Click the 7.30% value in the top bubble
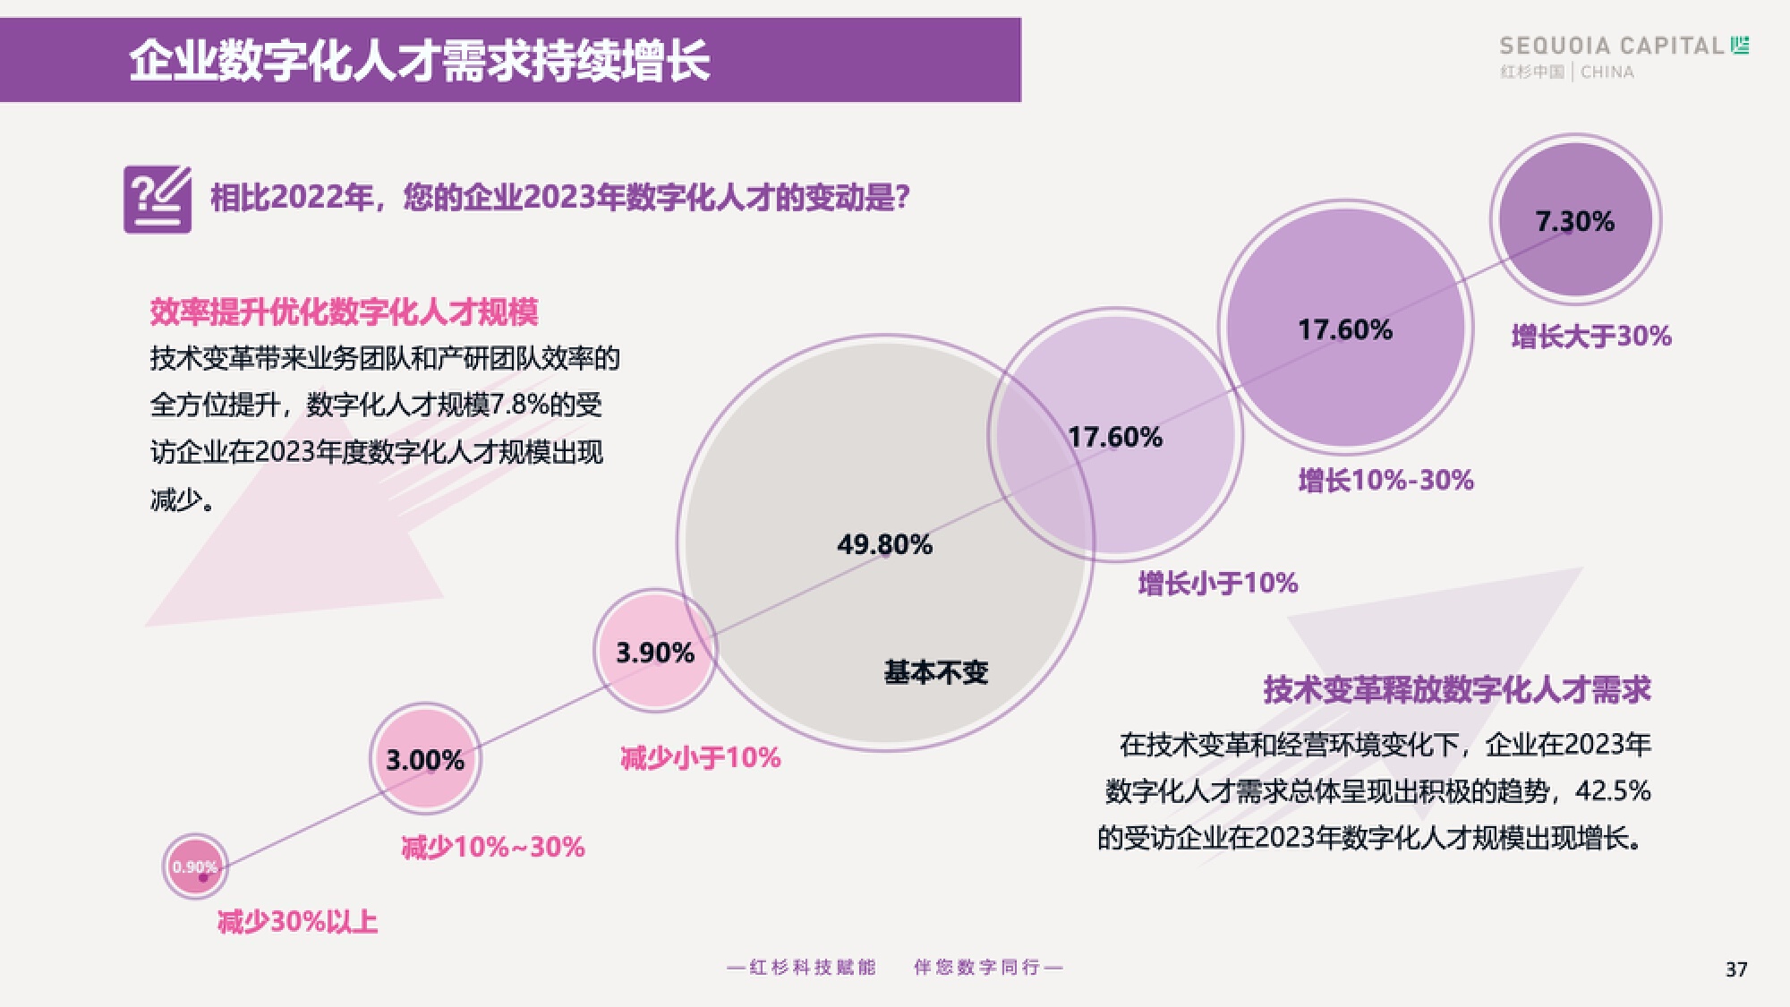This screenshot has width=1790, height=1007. [x=1574, y=221]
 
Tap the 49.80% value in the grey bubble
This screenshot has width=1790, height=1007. [x=884, y=544]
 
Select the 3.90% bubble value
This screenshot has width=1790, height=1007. [x=655, y=653]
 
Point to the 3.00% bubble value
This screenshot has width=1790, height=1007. [x=425, y=760]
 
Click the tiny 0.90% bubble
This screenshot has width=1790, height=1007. [x=195, y=866]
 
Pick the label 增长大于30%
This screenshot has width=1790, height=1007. [x=1591, y=337]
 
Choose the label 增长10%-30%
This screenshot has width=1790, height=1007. [x=1385, y=481]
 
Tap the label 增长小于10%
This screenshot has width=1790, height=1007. [x=1217, y=584]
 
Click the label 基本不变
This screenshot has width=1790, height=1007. [x=935, y=672]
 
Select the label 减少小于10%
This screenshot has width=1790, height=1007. [x=700, y=758]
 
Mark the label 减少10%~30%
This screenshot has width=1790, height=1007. [x=492, y=847]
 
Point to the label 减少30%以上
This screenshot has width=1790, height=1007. [x=297, y=921]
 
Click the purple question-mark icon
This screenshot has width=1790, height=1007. [x=158, y=199]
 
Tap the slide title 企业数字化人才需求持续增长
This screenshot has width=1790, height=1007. [x=419, y=61]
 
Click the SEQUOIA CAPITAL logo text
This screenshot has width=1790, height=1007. [x=1611, y=46]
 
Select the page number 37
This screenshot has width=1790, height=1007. [x=1736, y=969]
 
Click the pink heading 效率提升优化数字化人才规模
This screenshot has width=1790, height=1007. [x=344, y=312]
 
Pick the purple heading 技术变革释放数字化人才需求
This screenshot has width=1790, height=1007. [x=1456, y=690]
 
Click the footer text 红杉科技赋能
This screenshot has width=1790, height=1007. [x=812, y=968]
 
